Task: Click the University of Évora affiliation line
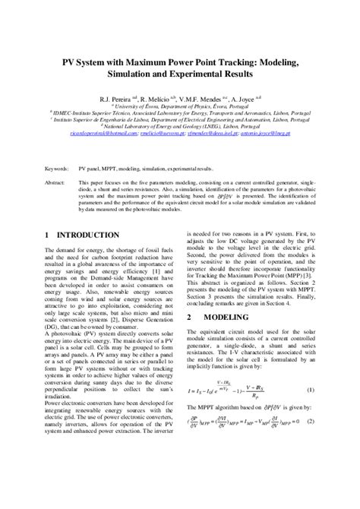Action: click(x=179, y=108)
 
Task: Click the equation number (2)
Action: click(x=310, y=463)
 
